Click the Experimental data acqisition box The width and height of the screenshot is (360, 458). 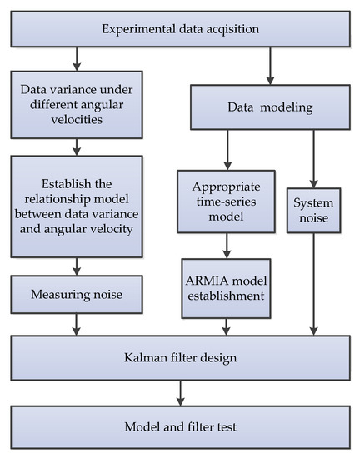[180, 30]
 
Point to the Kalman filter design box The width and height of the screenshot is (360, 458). [180, 359]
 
